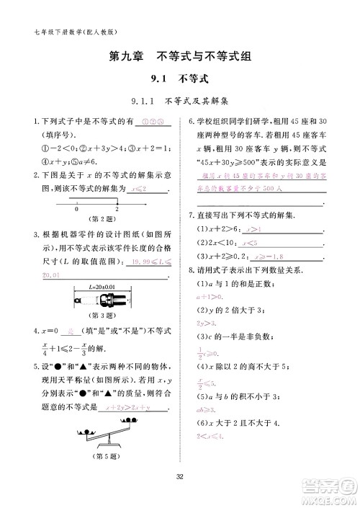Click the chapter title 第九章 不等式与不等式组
180,55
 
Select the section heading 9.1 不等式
179,79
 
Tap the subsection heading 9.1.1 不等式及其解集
180,101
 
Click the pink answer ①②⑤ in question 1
153,121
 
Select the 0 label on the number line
76,209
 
